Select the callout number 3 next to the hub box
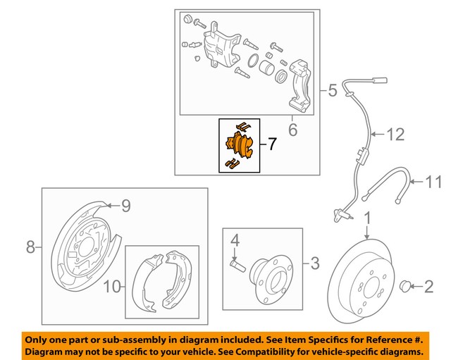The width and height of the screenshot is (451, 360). point(314,264)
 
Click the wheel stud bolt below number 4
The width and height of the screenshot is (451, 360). point(237,266)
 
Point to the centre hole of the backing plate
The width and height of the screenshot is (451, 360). point(87,250)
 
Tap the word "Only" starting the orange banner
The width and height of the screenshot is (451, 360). point(37,337)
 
